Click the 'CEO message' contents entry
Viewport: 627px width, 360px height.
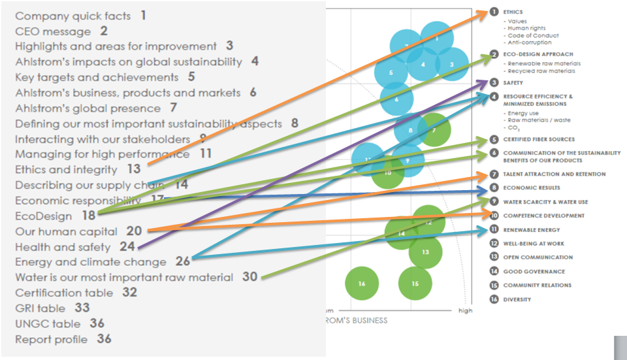click(53, 31)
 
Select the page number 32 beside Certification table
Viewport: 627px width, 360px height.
click(129, 292)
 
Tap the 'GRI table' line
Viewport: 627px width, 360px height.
click(40, 308)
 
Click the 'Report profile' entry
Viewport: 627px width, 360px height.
click(52, 339)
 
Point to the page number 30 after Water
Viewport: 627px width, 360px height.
click(249, 277)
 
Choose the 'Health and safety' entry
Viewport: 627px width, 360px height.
click(63, 247)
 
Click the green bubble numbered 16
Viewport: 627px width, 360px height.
click(362, 284)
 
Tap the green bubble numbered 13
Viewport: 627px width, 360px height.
click(425, 252)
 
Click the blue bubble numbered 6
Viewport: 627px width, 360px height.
click(396, 100)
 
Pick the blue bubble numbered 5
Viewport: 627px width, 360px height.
click(391, 73)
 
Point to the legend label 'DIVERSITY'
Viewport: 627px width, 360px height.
click(517, 299)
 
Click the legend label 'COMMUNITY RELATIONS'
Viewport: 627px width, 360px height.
click(537, 285)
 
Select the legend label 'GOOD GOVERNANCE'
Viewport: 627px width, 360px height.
click(534, 271)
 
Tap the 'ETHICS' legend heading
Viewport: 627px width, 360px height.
click(513, 12)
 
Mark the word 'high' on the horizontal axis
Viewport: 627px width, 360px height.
click(465, 310)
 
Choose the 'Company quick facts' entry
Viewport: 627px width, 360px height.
click(72, 16)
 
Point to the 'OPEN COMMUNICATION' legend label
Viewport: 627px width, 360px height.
click(538, 257)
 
